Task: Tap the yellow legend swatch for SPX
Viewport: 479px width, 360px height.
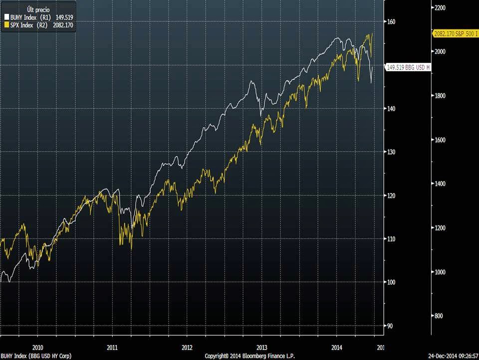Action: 7,24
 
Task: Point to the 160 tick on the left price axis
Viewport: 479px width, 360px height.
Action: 392,21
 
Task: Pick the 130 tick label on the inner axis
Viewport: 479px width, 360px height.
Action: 392,152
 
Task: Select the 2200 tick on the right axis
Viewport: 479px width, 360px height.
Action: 440,7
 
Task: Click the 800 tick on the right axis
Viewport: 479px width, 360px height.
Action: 439,316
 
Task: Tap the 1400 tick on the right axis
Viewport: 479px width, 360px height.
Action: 440,184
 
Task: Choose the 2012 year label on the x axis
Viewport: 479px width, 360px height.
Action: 187,347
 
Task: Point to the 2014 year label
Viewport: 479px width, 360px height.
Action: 337,347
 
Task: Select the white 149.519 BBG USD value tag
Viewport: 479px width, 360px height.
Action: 408,66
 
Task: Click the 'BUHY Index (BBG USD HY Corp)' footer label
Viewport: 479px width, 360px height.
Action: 36,355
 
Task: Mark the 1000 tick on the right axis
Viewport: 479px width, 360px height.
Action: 440,272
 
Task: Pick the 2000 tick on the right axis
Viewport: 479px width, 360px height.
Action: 440,51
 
